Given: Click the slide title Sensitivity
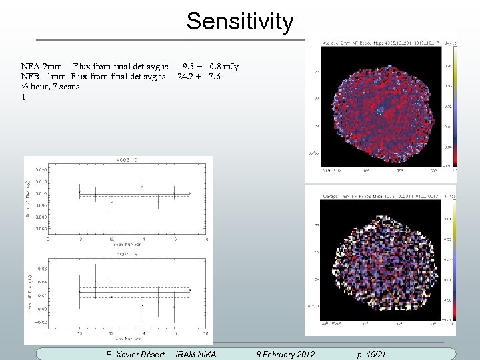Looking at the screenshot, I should pos(239,22).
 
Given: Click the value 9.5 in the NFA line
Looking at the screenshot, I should pos(188,67).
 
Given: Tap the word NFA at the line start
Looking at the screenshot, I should pos(31,67).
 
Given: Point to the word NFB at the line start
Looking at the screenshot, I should pos(31,77).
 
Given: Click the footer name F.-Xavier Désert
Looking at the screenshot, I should pos(135,354).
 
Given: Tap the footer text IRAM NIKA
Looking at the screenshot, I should pos(195,354).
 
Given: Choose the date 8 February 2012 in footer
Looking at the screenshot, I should pos(285,354).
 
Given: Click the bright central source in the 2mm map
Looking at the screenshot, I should pos(380,108).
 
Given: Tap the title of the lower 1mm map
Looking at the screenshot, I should pos(377,197).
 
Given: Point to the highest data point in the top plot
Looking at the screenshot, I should pos(143,187).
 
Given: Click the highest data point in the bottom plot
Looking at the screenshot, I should pos(95,281).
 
